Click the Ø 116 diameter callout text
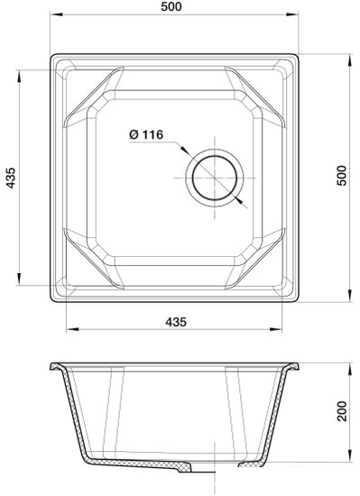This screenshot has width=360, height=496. click(x=145, y=134)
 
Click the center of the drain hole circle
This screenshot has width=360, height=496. click(x=215, y=172)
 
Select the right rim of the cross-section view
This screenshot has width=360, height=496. click(x=293, y=368)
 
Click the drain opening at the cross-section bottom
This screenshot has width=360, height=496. click(x=215, y=469)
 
